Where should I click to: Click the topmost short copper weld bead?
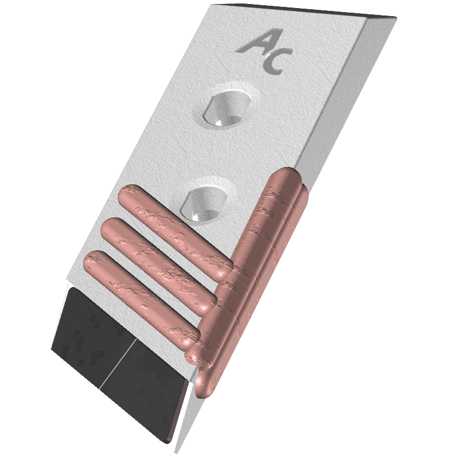point(175,231)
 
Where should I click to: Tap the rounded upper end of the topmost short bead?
point(128,194)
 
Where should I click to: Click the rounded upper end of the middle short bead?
point(111,227)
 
